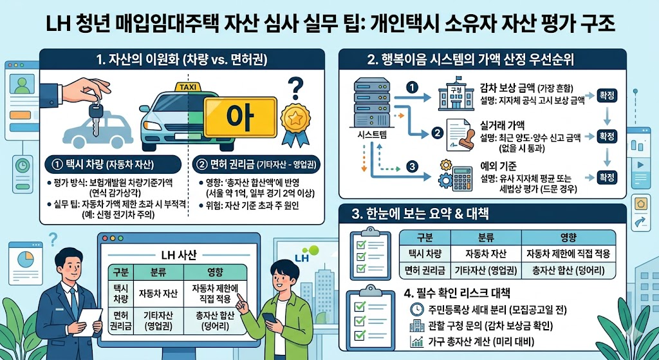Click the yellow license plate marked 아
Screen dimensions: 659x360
[x=240, y=117]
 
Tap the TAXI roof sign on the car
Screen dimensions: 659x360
[x=187, y=87]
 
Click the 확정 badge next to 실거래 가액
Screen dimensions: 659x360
[x=607, y=137]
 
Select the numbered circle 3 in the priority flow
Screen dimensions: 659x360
[x=413, y=167]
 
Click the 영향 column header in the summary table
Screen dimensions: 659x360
[x=568, y=236]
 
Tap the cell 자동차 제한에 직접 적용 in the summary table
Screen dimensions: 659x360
[x=568, y=254]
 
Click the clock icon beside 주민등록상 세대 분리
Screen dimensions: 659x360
[x=416, y=310]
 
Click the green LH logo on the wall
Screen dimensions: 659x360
[x=304, y=253]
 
